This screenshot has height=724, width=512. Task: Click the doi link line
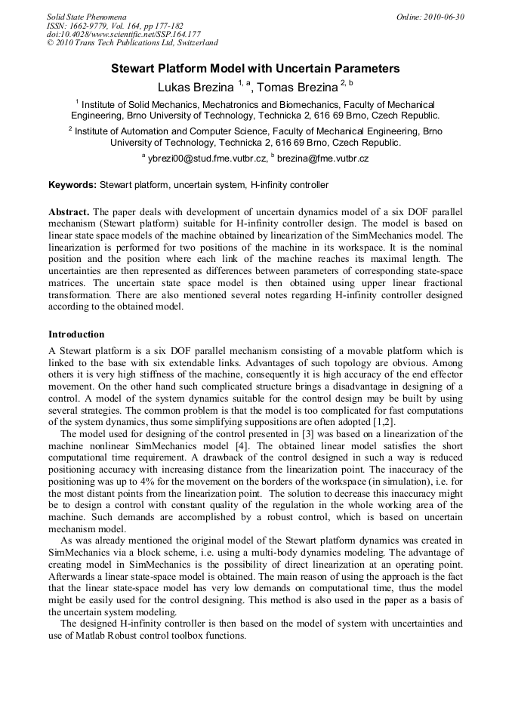pos(124,34)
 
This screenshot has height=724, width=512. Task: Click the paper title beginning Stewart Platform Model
pos(255,69)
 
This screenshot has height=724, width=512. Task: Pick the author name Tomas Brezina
pos(298,87)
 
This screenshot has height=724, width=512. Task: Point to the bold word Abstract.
pos(69,212)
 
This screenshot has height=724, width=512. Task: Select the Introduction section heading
pos(77,334)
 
